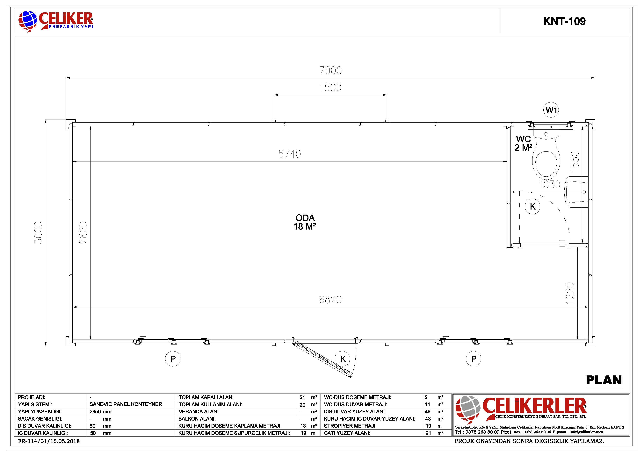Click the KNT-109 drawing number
[x=564, y=21]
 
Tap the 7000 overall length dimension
[x=331, y=70]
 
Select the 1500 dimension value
[x=330, y=88]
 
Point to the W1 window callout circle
[x=551, y=110]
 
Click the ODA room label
[x=305, y=218]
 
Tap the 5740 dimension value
[x=289, y=154]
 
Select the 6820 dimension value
[x=330, y=300]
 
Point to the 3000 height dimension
[x=38, y=232]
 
